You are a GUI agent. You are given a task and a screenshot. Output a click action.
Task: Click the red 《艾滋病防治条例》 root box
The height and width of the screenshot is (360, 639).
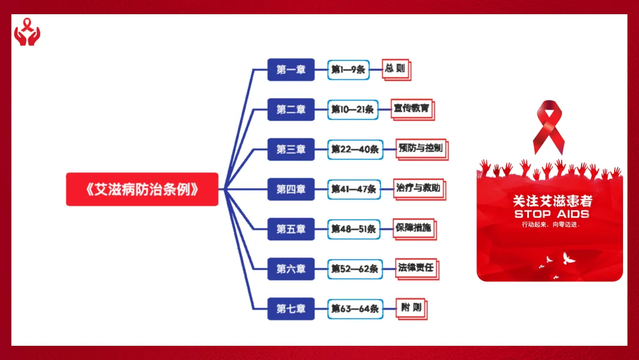142,189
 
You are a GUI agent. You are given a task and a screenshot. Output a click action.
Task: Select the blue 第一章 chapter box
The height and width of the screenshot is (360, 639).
291,70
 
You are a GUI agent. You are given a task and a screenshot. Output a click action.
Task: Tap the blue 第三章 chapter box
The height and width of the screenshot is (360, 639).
291,149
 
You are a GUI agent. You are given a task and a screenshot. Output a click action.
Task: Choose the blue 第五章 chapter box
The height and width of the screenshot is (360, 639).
291,229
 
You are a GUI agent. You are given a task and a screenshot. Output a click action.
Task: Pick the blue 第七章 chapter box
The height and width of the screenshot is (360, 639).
291,308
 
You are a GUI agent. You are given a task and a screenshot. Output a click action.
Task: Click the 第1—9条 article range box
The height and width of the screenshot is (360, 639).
348,70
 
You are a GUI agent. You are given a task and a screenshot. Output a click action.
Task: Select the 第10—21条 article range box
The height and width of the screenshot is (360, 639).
353,110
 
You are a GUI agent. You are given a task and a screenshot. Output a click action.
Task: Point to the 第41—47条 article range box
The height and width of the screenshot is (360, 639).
353,189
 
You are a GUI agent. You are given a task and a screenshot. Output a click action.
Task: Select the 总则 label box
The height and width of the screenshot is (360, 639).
395,69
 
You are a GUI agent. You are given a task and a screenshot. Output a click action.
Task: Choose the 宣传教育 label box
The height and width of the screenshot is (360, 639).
412,108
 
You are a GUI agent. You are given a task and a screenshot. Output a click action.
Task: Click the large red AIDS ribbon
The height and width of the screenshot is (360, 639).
548,126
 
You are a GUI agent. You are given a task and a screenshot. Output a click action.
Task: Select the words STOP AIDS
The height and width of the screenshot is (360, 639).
551,214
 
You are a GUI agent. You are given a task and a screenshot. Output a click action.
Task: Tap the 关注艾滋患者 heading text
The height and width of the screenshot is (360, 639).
552,201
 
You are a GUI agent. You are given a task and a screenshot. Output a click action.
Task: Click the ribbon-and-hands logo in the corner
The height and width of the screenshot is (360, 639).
28,33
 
